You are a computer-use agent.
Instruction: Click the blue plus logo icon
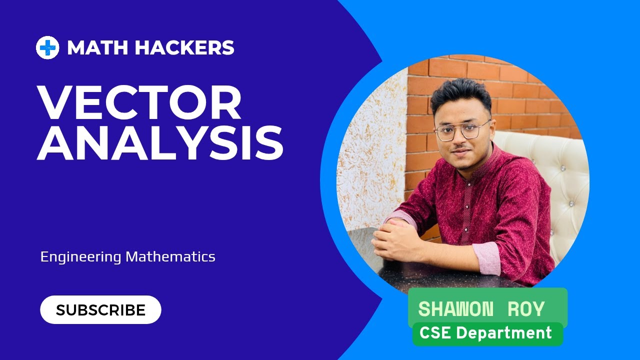(47, 48)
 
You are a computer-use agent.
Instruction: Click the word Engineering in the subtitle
(81, 257)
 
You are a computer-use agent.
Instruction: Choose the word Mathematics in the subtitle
(170, 257)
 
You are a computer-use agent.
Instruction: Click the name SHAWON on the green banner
(455, 309)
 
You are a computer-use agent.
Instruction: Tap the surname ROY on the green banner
(526, 309)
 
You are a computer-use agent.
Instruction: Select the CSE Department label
(485, 333)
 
